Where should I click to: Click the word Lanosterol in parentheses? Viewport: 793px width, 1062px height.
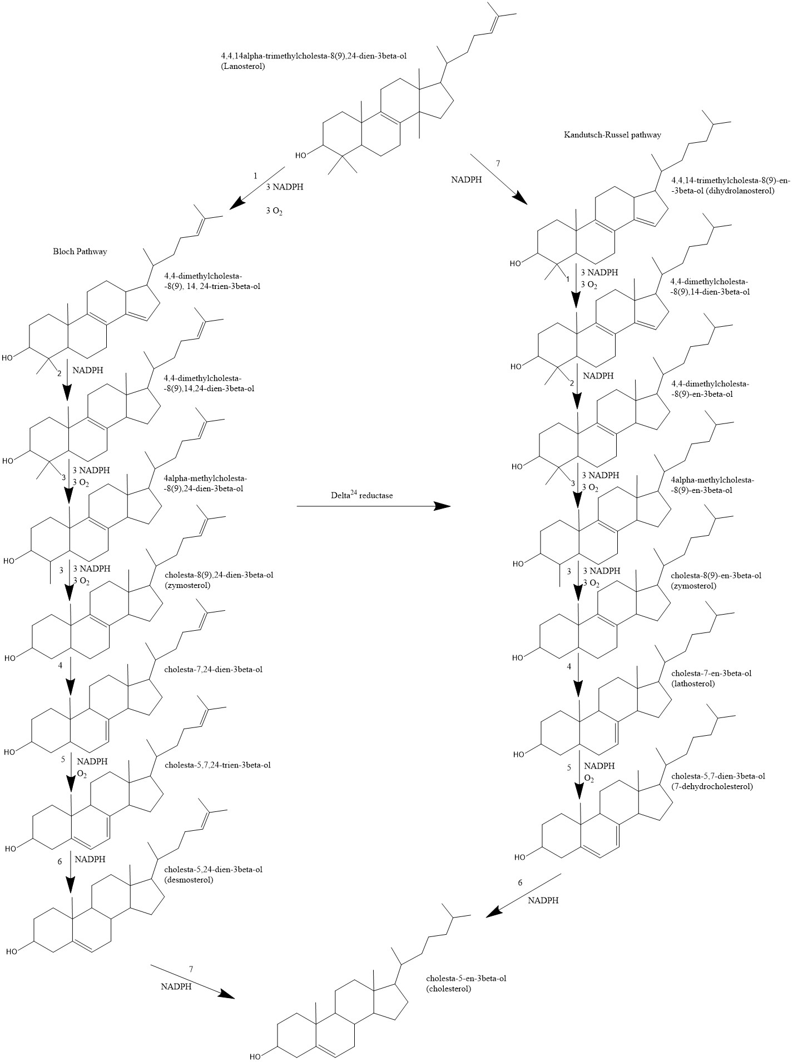242,66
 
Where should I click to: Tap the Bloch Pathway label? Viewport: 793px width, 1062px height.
80,252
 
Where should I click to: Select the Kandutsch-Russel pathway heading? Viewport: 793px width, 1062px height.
612,135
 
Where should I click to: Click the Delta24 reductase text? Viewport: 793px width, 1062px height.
360,495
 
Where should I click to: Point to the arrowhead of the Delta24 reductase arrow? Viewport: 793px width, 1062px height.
443,506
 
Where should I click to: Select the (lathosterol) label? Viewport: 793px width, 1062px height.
693,684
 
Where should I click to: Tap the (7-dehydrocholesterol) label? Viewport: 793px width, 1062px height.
712,786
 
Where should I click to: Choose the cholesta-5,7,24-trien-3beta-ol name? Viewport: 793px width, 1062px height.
218,765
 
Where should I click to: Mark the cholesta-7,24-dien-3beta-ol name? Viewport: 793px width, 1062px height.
214,670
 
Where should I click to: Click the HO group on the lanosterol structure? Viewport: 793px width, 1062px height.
300,155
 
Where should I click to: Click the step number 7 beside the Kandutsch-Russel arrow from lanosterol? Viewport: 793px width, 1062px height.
499,163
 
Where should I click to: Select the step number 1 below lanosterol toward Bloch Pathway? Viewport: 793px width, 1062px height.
255,176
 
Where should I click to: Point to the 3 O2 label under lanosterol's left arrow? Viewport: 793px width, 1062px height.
274,211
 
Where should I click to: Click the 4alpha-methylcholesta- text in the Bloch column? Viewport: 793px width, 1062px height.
205,478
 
